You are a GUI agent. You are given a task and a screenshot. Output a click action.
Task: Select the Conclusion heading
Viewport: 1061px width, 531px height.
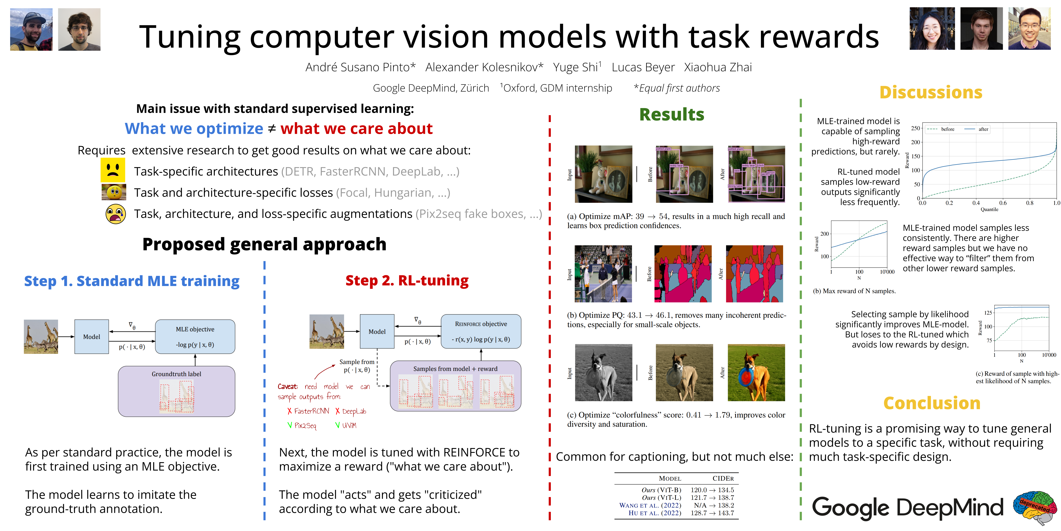(932, 403)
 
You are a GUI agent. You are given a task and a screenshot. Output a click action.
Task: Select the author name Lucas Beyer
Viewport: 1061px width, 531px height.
(643, 67)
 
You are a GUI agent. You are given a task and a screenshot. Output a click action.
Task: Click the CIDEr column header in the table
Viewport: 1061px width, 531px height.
(723, 478)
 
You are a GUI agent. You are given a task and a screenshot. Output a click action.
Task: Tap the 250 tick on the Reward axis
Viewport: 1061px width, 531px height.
(915, 128)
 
